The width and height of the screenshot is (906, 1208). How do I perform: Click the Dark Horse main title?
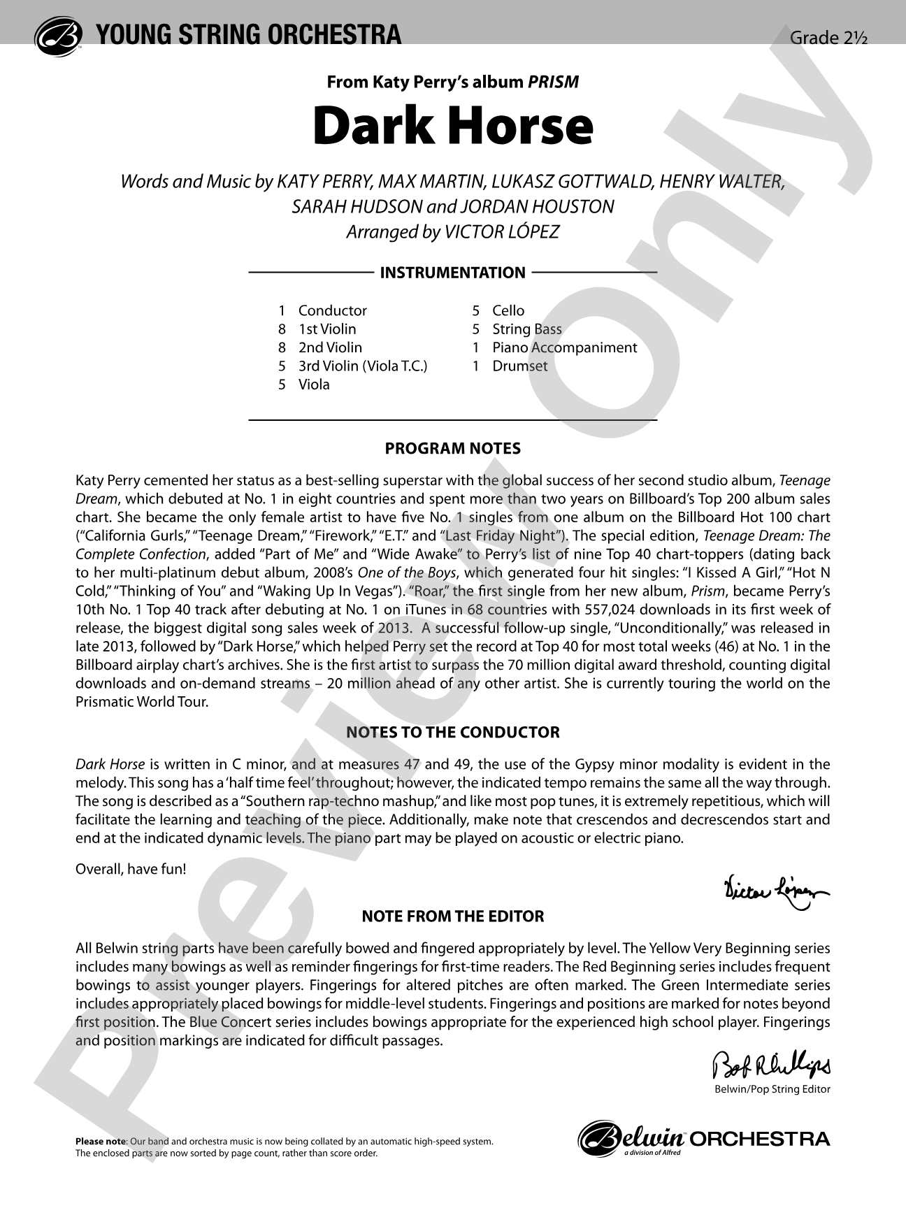click(453, 126)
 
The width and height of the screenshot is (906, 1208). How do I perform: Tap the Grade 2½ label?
click(828, 38)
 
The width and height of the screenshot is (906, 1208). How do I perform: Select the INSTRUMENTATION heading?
click(452, 273)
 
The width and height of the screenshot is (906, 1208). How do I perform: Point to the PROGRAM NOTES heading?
click(453, 448)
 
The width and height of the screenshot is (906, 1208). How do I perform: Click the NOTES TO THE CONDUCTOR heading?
click(453, 733)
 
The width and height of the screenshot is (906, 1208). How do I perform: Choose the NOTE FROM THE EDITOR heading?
click(453, 916)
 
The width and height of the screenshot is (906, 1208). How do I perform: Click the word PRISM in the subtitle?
click(553, 82)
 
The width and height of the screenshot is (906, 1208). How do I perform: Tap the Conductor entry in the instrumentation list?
click(332, 310)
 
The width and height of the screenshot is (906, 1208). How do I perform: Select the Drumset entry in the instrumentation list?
click(519, 366)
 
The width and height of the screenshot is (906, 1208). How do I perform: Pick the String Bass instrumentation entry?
click(526, 329)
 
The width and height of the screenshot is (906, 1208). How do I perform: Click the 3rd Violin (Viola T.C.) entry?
click(362, 366)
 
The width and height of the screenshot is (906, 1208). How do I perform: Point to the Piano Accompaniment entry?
click(564, 347)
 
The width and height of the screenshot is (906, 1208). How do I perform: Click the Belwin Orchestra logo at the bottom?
click(704, 1138)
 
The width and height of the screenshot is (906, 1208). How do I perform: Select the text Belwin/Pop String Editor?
click(772, 1089)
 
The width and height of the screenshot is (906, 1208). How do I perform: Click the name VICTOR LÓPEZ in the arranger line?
click(501, 231)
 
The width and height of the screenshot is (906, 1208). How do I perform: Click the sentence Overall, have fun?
click(131, 869)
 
